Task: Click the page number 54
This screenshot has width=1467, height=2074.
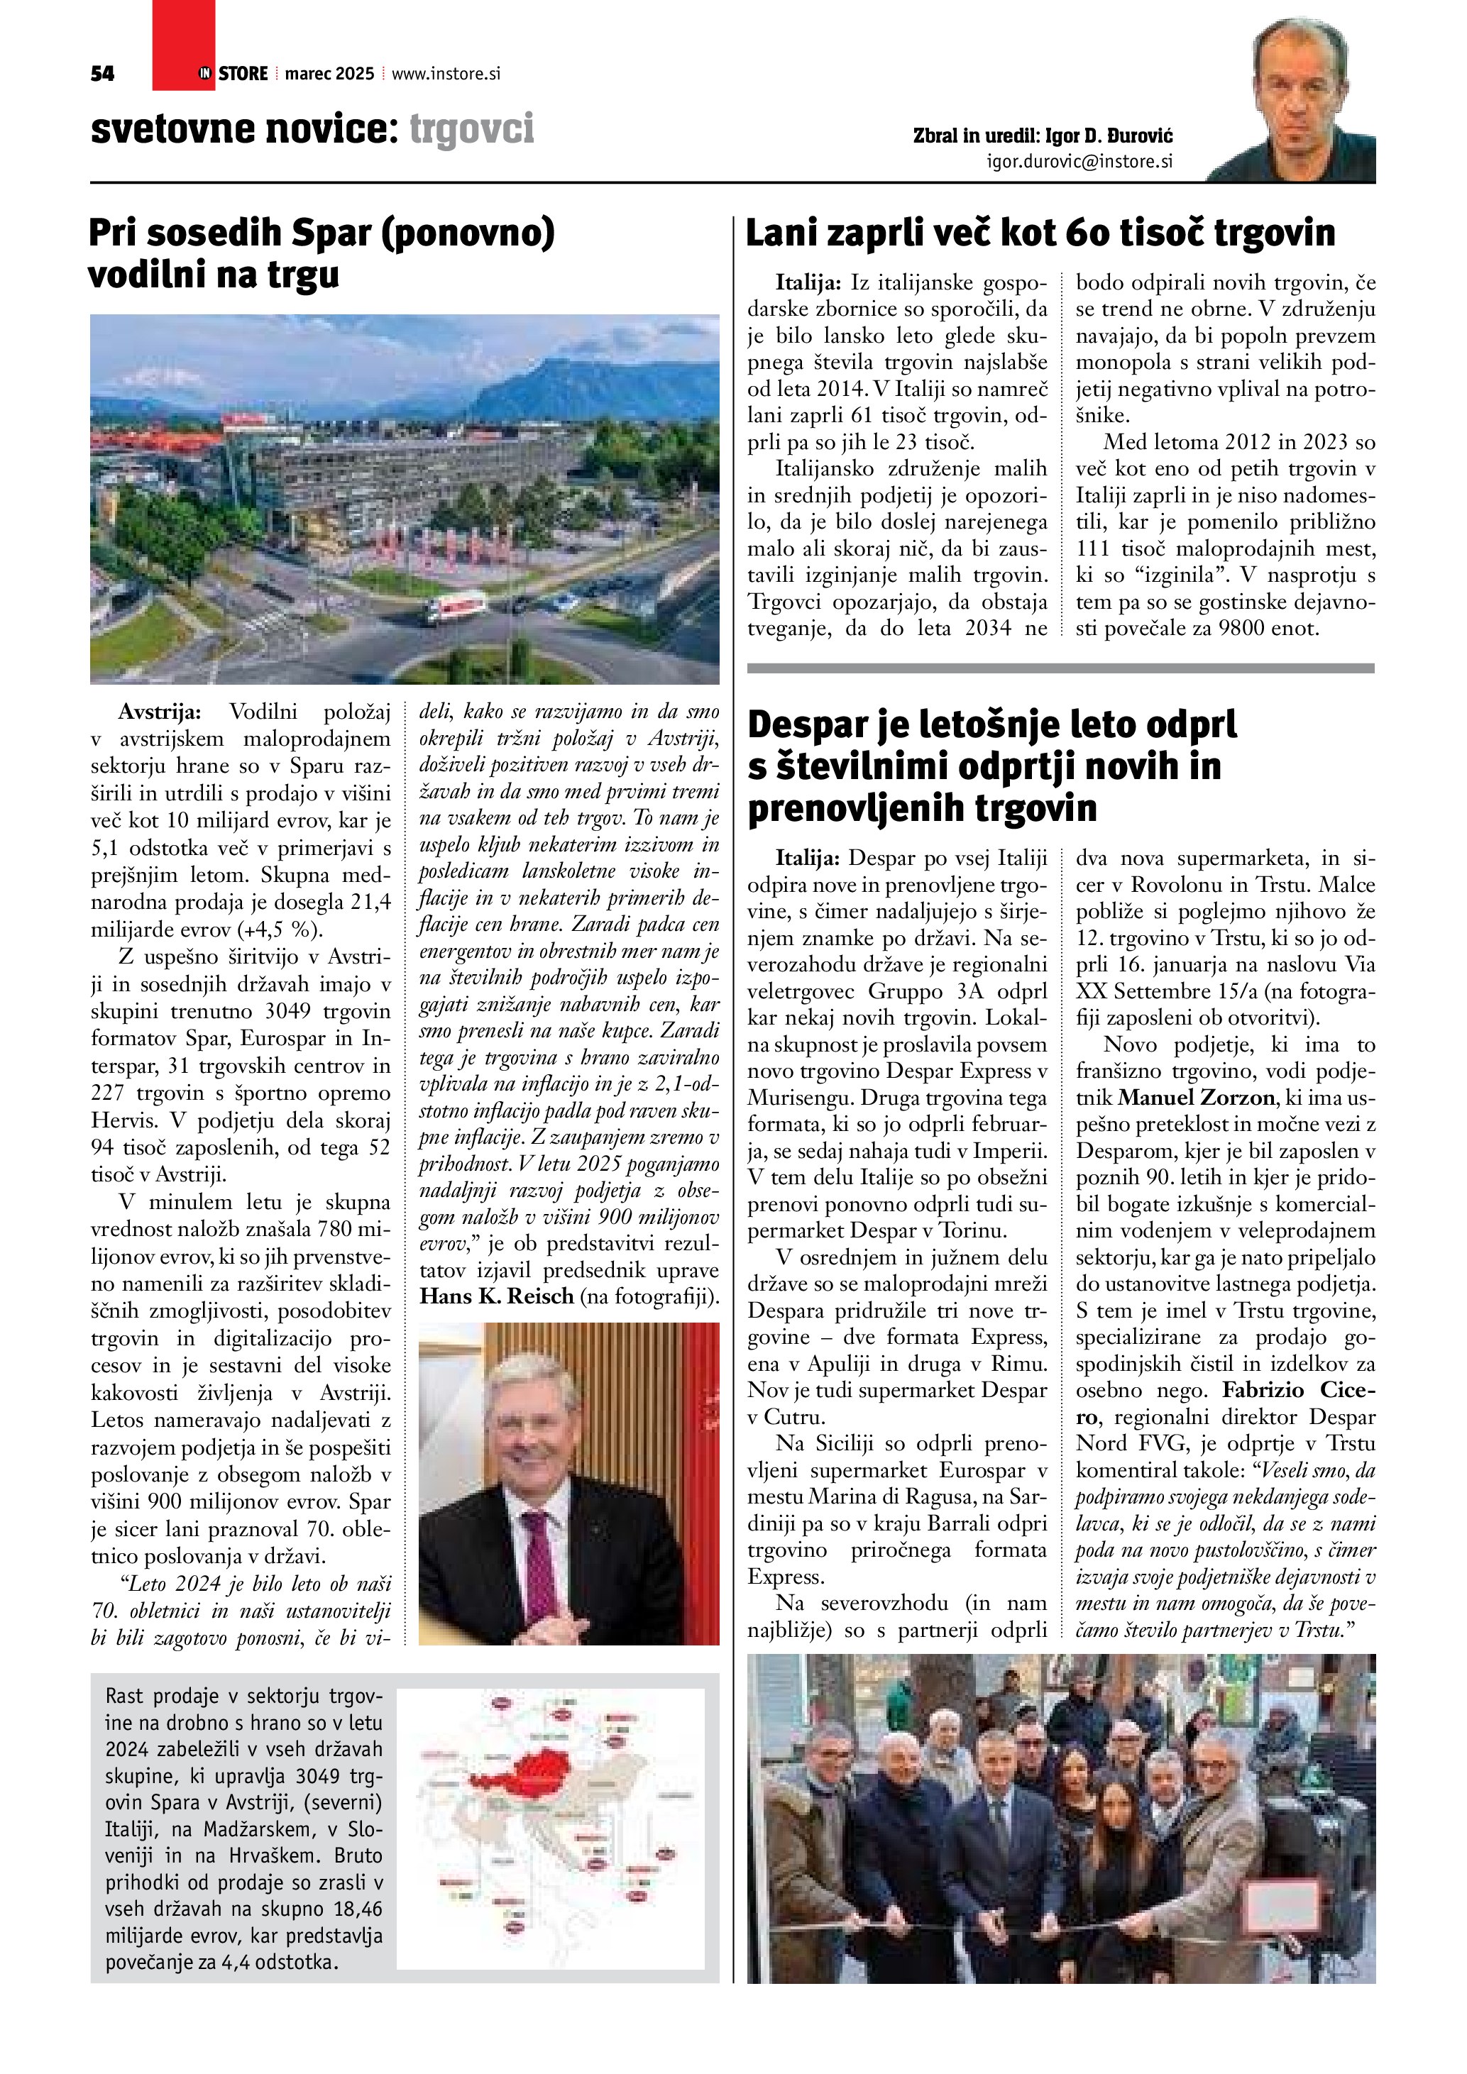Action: click(x=102, y=74)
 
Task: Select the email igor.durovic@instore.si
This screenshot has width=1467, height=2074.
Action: click(x=1079, y=162)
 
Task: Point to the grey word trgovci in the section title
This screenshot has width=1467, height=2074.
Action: click(x=471, y=129)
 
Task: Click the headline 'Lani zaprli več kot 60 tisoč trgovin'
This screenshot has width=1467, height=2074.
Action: click(x=1040, y=233)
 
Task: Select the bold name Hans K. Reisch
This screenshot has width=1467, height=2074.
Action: click(x=497, y=1296)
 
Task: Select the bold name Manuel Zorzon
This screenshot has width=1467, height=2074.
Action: click(x=1196, y=1098)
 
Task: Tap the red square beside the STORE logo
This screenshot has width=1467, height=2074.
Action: click(x=183, y=45)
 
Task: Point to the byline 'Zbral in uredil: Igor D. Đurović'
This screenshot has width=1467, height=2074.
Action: click(x=1043, y=136)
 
